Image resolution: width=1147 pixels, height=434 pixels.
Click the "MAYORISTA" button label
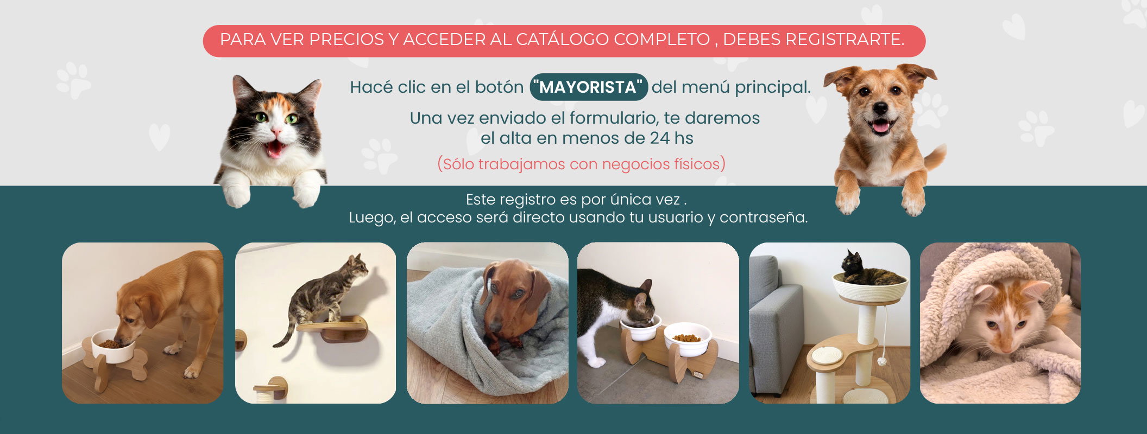589,87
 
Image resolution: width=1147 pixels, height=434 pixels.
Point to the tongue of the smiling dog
880,127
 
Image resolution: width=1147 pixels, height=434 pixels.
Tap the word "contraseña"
764,218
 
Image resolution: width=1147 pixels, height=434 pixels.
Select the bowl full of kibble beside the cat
688,339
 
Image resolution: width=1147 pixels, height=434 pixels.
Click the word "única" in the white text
631,200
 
